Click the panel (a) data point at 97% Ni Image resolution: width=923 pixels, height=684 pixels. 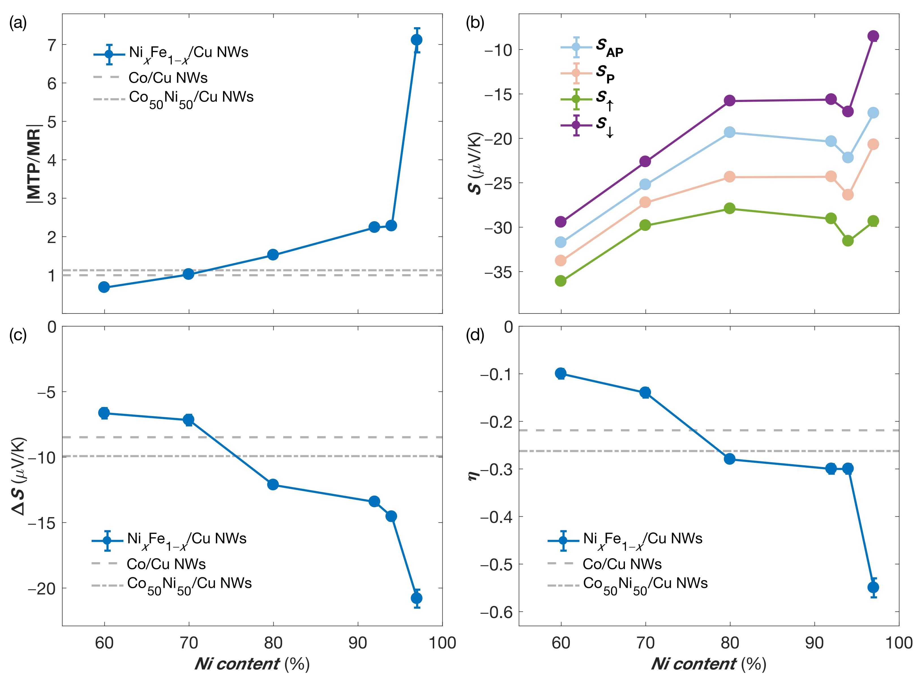417,40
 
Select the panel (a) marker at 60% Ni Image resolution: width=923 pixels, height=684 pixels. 104,287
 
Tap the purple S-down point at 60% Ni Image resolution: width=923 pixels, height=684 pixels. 561,221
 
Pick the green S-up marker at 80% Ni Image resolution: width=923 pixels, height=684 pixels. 729,208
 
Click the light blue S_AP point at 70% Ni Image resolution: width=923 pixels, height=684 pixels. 645,184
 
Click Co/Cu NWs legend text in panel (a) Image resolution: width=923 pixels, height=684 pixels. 168,77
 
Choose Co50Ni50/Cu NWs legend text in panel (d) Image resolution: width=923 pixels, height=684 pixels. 645,583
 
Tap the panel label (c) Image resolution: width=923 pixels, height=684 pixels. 18,334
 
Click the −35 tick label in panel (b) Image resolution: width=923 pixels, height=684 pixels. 498,272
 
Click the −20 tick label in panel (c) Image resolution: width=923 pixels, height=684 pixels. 41,588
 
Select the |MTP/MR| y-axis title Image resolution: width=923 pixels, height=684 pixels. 34,163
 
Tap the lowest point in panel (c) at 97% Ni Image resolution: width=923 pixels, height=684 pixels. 417,598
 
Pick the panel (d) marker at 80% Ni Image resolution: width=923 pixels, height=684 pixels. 729,459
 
